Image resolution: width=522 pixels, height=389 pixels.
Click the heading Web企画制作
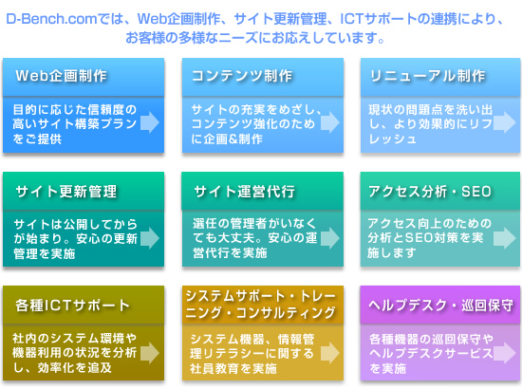tap(62, 76)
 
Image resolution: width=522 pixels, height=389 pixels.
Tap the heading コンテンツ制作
tap(242, 76)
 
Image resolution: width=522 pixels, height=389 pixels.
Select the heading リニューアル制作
tap(427, 76)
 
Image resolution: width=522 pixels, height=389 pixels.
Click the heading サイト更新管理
tap(66, 192)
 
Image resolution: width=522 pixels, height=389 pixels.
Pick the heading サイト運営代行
tap(245, 192)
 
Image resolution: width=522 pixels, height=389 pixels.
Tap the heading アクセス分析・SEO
tap(430, 192)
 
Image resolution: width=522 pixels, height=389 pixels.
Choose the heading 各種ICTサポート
tap(72, 306)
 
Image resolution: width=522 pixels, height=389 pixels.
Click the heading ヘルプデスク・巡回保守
tap(440, 306)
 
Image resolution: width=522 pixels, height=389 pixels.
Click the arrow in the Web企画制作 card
tap(150, 122)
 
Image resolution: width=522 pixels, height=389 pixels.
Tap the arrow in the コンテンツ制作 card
tap(330, 122)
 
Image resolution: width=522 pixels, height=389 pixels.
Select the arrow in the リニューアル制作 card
tap(505, 122)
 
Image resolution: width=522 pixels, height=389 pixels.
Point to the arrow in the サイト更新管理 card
tap(150, 238)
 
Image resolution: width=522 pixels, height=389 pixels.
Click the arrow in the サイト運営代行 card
tap(330, 238)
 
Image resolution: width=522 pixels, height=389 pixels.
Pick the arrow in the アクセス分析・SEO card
tap(505, 238)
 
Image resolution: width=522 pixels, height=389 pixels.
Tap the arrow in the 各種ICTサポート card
tap(150, 353)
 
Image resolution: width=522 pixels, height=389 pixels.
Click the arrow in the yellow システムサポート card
tap(330, 353)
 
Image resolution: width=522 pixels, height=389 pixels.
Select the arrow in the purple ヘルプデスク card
tap(505, 353)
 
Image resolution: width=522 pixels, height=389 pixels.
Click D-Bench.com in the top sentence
tap(51, 19)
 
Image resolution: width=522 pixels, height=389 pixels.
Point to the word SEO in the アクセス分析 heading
tap(476, 192)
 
